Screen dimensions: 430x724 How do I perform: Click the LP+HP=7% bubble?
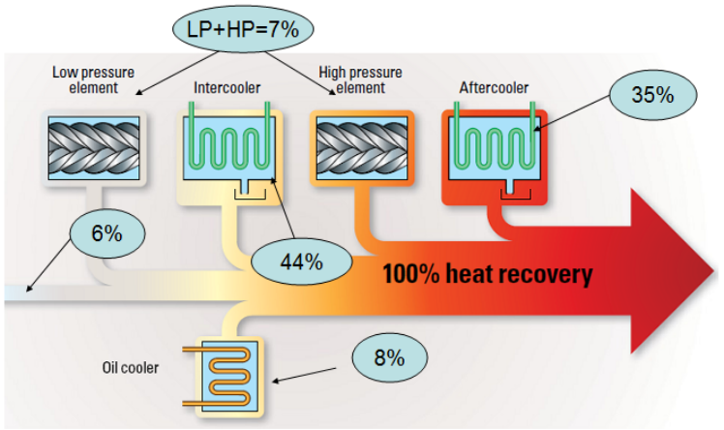tap(235, 30)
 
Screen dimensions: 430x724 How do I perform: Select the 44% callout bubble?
tap(300, 261)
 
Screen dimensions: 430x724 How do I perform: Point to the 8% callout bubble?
tap(388, 357)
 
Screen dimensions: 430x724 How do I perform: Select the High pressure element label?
tap(360, 79)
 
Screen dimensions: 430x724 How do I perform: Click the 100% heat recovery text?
tap(487, 274)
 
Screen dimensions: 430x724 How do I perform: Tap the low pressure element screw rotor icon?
tap(94, 146)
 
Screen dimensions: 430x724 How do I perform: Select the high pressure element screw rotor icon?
tap(360, 146)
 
